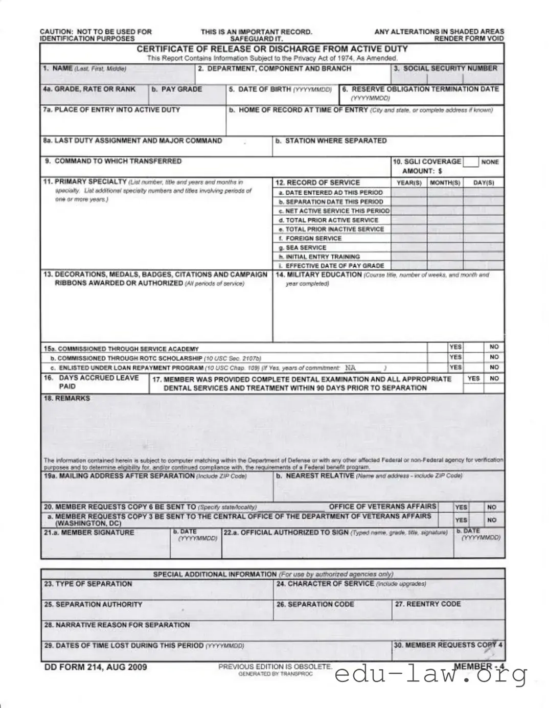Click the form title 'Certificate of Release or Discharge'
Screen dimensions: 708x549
[272, 49]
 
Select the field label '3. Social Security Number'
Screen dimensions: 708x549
[445, 68]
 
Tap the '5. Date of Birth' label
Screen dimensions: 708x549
[280, 89]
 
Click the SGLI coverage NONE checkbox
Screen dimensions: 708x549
[471, 162]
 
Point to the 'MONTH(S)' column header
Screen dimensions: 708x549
[445, 183]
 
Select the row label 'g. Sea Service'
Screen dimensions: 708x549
[305, 248]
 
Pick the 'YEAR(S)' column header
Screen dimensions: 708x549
[409, 183]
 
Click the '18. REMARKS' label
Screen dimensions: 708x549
[67, 398]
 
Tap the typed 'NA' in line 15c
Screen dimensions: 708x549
[350, 368]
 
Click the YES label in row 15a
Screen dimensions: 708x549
[455, 347]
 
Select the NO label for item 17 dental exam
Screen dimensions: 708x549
[494, 379]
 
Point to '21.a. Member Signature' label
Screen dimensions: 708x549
[89, 533]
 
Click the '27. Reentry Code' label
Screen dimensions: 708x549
[428, 604]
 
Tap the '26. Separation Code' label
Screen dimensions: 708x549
[315, 604]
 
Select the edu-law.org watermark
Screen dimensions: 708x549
[430, 676]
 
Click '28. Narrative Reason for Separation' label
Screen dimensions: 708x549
[117, 625]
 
